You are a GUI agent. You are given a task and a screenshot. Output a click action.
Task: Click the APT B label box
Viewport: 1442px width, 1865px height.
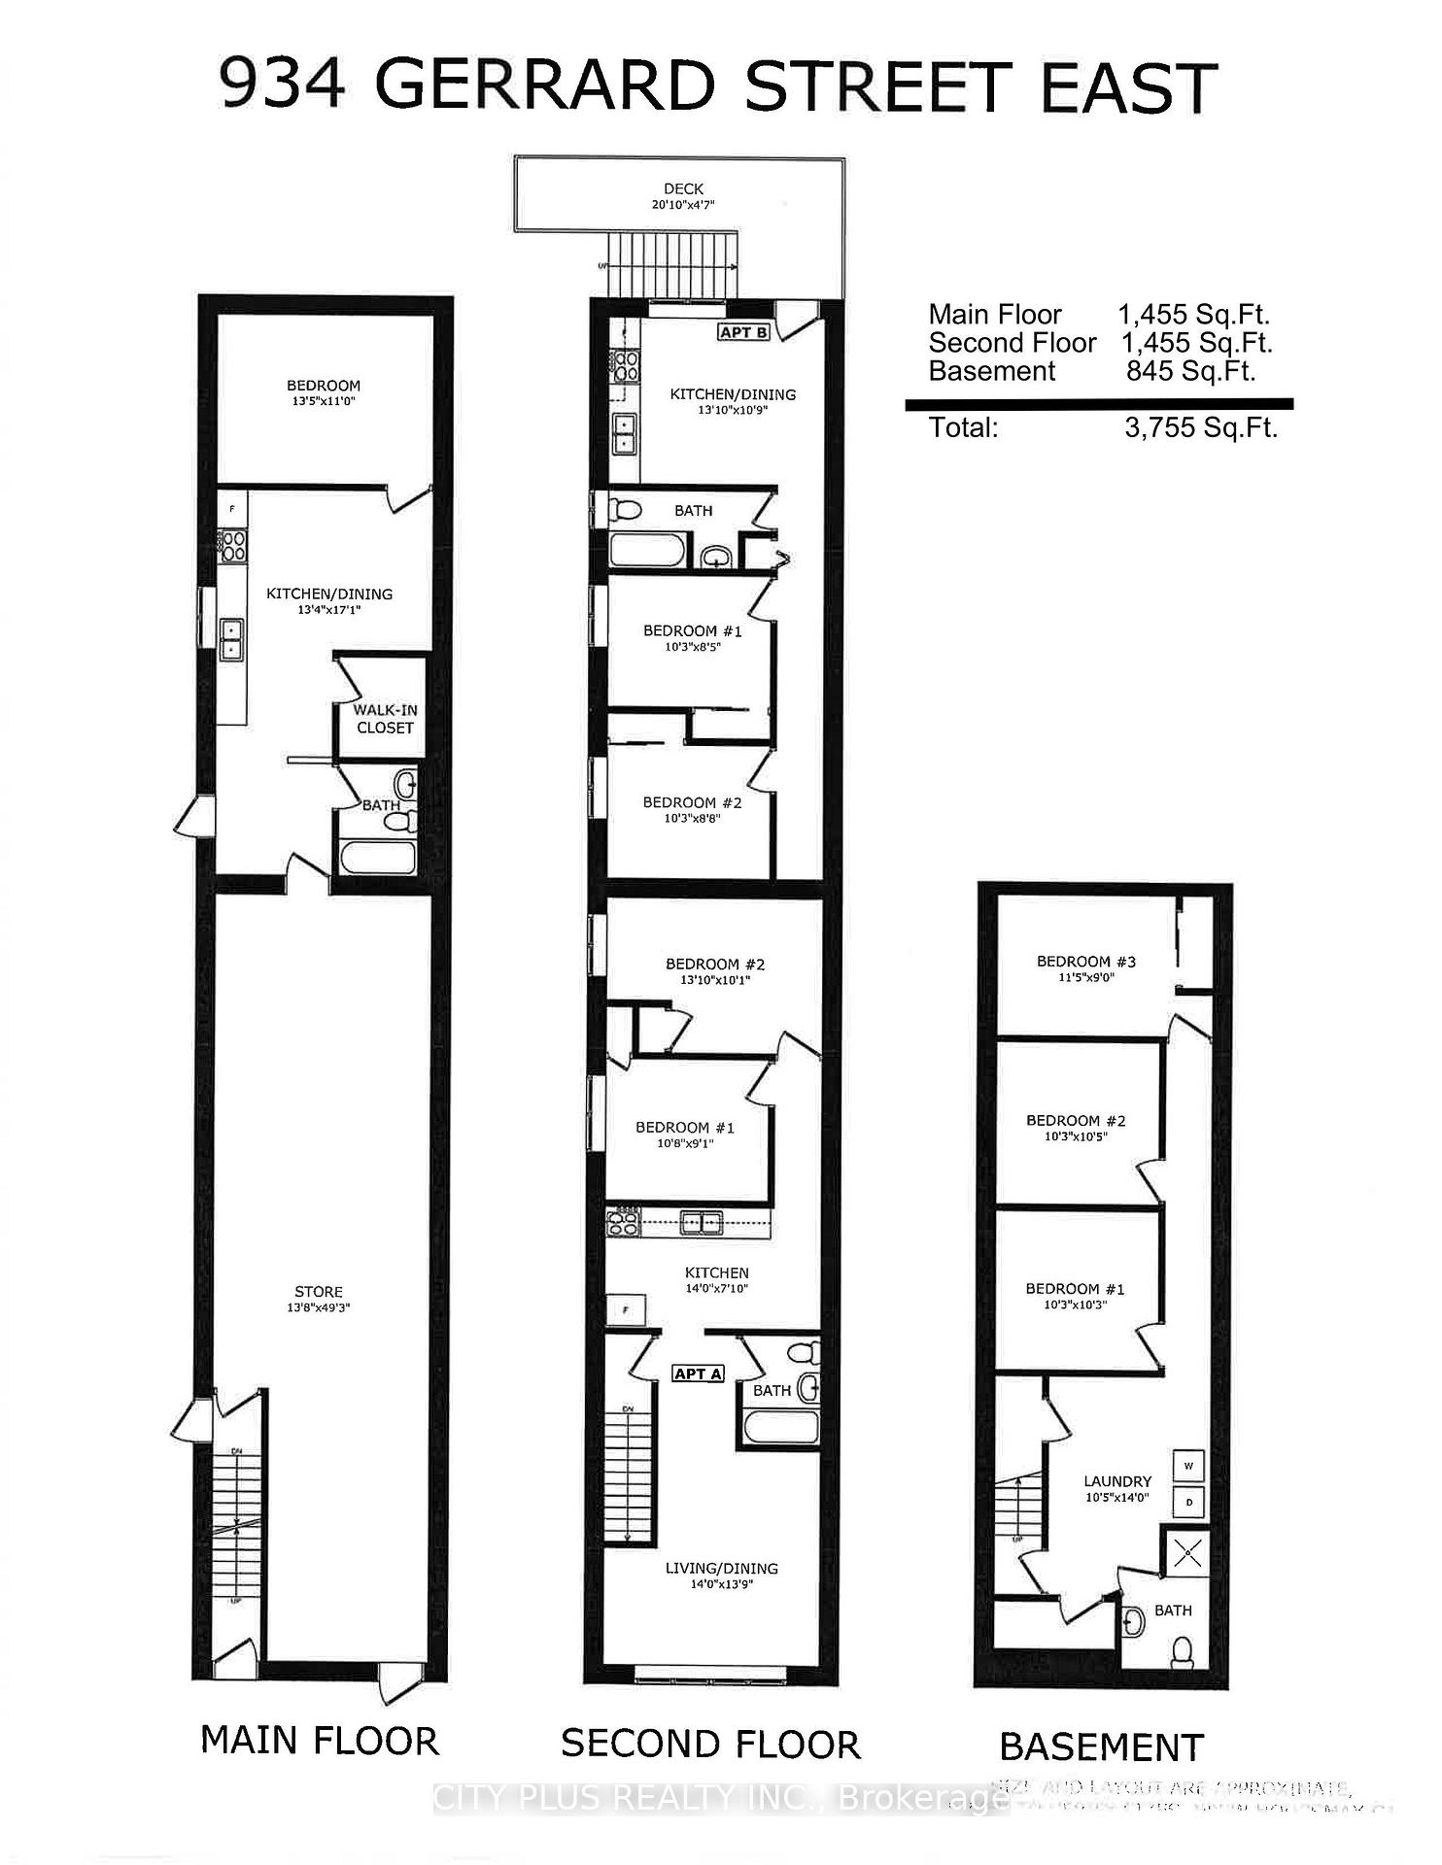click(x=744, y=332)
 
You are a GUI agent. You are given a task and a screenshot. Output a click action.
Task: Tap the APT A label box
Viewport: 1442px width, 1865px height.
click(x=699, y=1373)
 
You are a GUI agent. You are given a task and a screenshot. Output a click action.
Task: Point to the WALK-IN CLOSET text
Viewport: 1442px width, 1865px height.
click(x=385, y=719)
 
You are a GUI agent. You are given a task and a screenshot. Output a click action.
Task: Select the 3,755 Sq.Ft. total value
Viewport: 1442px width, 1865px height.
click(x=1201, y=427)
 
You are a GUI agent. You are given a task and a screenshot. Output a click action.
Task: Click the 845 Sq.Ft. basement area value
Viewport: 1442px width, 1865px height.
click(x=1190, y=371)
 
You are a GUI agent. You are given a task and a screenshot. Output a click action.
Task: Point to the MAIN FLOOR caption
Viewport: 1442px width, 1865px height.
click(x=320, y=1741)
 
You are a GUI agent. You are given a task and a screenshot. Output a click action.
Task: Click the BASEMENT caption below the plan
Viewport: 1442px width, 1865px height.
click(x=1101, y=1747)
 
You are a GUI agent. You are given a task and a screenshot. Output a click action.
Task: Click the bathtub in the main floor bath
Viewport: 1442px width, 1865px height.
click(x=378, y=858)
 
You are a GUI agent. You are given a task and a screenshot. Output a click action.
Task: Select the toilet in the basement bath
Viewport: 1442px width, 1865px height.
click(x=1183, y=1651)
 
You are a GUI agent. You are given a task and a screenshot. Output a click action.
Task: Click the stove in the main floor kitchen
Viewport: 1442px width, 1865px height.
click(x=233, y=545)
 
